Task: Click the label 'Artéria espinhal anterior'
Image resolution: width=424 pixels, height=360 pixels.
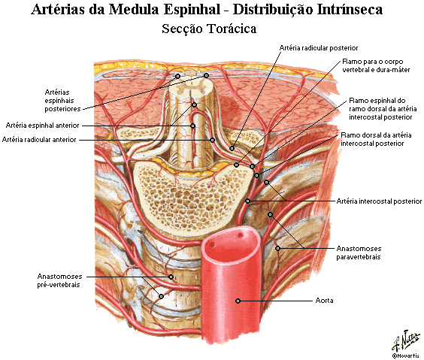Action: point(42,126)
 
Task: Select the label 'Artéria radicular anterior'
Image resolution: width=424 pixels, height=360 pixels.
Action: point(39,140)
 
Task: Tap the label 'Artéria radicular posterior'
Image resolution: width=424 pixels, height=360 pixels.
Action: point(319,48)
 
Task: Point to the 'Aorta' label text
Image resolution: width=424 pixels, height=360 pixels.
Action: point(324,301)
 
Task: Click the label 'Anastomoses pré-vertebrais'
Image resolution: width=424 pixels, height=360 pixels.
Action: point(59,280)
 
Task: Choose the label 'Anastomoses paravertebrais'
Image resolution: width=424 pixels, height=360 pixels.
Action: point(359,253)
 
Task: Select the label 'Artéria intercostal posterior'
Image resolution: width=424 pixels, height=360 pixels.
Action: point(379,201)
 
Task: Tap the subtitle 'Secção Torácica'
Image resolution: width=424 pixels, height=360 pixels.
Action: point(209,29)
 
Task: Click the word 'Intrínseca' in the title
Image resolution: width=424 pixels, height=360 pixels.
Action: point(350,10)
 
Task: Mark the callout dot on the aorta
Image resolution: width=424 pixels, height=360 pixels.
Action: point(238,301)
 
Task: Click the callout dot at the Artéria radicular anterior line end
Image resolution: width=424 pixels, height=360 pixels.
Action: point(213,140)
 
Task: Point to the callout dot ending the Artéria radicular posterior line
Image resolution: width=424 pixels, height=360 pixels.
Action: point(232,148)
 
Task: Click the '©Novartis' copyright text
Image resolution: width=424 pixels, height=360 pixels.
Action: point(406,355)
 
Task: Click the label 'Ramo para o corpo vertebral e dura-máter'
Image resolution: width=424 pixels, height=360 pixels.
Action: point(376,65)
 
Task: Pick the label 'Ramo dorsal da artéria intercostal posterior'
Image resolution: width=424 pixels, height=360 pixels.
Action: point(376,139)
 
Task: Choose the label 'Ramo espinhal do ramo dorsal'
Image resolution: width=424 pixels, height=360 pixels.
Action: point(383,109)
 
